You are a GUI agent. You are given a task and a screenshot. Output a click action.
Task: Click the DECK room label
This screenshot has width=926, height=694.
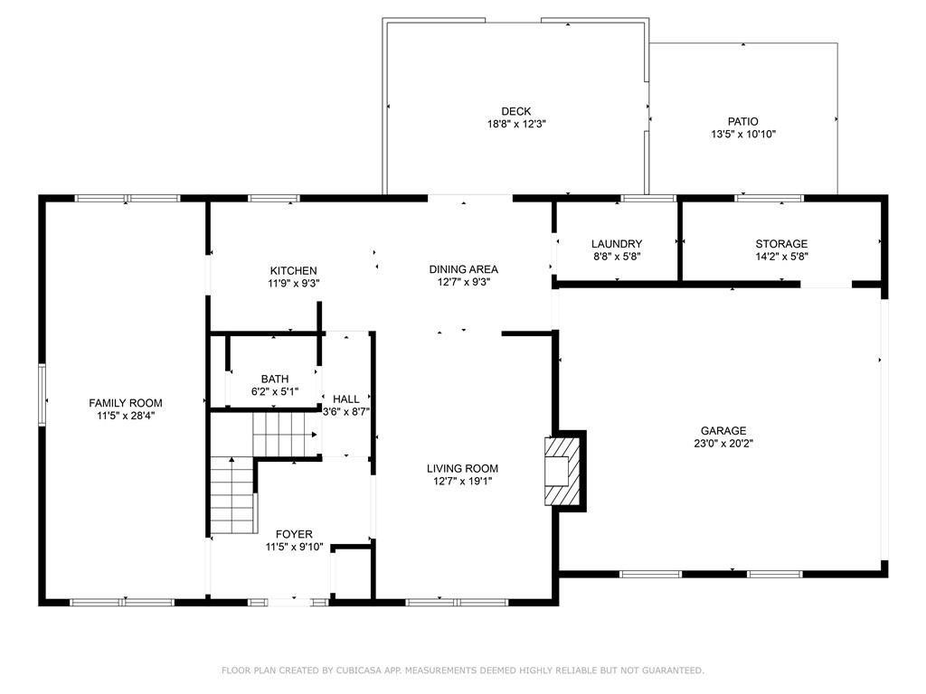pyautogui.click(x=515, y=111)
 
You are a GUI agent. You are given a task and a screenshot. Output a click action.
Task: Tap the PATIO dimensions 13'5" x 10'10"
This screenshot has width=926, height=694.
pyautogui.click(x=742, y=134)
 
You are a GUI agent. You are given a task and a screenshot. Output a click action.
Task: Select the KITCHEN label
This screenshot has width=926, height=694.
pyautogui.click(x=293, y=270)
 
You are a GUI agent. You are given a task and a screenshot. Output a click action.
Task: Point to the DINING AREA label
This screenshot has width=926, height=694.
pyautogui.click(x=463, y=268)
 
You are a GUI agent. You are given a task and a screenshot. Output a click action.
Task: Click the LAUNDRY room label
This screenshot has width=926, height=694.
pyautogui.click(x=617, y=244)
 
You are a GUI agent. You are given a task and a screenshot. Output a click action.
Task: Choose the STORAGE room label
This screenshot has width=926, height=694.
pyautogui.click(x=781, y=244)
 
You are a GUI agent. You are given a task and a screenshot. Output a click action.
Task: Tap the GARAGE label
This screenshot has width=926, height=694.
pyautogui.click(x=723, y=431)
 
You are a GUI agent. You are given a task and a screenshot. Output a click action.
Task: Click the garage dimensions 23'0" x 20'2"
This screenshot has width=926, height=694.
pyautogui.click(x=723, y=444)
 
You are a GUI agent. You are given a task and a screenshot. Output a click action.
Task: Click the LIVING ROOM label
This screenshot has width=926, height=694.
pyautogui.click(x=463, y=468)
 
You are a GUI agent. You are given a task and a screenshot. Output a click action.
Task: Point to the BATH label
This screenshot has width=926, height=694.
pyautogui.click(x=275, y=379)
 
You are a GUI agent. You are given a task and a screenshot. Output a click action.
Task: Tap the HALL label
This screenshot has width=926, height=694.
pyautogui.click(x=346, y=399)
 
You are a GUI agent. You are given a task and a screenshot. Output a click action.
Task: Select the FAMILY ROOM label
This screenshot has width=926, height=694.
pyautogui.click(x=126, y=403)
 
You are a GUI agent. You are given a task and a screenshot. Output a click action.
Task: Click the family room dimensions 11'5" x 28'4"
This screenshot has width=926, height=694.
pyautogui.click(x=126, y=416)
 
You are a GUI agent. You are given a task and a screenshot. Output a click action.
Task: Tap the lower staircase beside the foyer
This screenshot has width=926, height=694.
pyautogui.click(x=232, y=497)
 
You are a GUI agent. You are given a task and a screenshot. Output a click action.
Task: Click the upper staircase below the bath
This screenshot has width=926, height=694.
pyautogui.click(x=284, y=434)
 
